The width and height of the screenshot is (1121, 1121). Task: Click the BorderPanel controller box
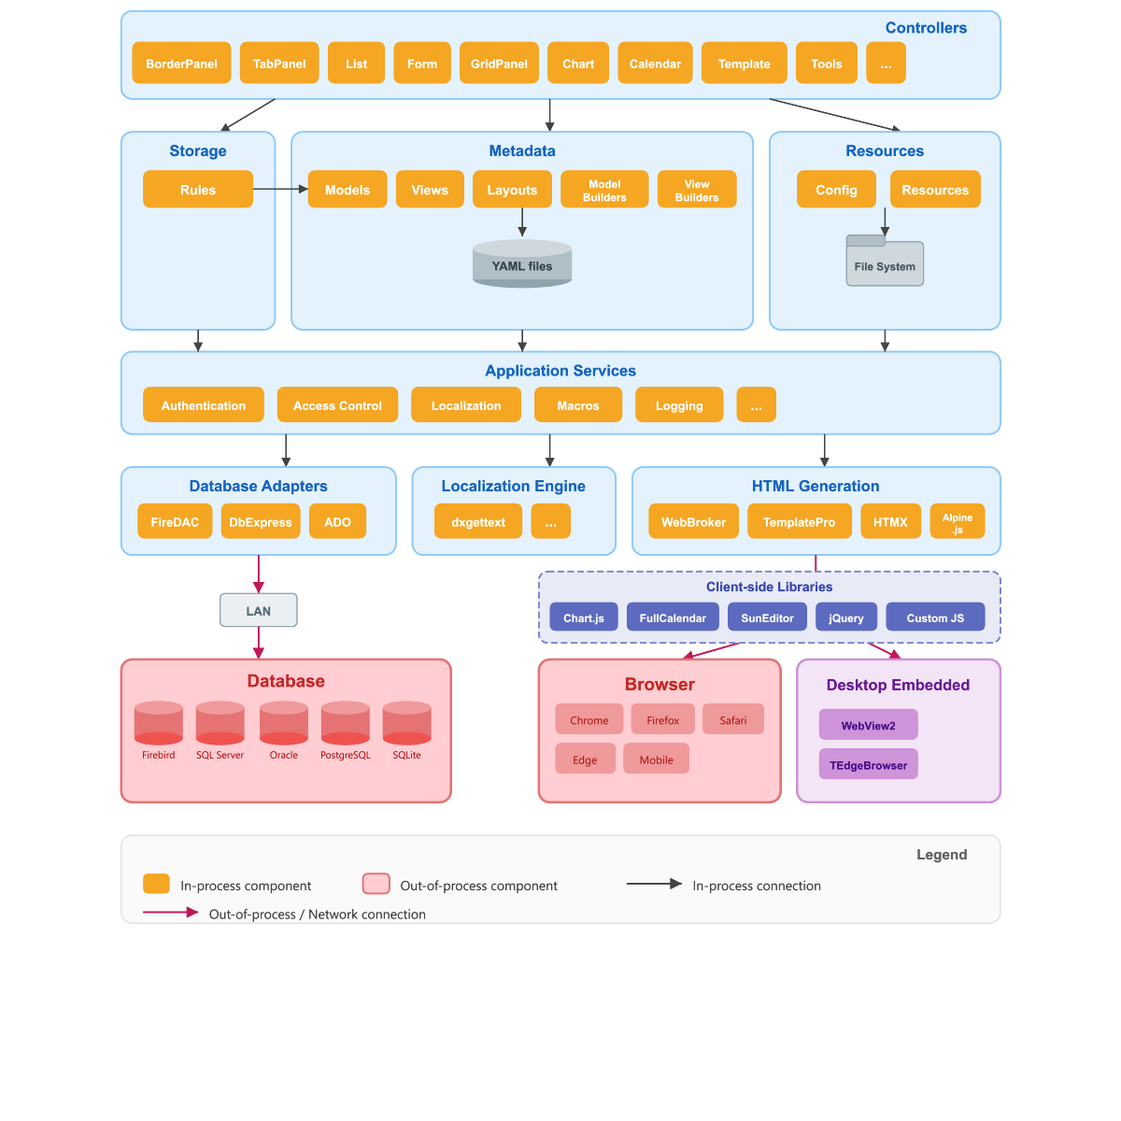181,64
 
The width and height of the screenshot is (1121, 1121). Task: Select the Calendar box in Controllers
655,64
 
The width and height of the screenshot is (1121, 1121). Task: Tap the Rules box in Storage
198,190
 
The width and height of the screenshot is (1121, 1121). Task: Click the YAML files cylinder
522,264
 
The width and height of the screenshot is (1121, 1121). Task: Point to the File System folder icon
885,262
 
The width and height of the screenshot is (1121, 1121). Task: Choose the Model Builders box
604,190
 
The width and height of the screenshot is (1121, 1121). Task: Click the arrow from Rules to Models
280,190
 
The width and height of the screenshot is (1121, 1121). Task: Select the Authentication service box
204,405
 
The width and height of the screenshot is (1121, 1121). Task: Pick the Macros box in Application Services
578,405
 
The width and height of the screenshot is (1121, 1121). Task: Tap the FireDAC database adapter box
176,522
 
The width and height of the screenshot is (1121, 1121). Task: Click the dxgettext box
478,522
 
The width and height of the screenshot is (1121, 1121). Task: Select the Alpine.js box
958,522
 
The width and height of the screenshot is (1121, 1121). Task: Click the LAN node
259,611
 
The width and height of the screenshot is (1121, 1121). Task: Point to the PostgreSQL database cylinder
346,724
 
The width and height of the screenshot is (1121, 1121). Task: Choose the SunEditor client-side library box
767,617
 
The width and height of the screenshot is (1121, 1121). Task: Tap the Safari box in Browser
733,720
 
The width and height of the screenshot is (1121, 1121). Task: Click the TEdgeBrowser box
869,765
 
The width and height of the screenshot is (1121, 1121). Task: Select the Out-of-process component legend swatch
376,885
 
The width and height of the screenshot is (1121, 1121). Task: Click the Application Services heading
560,371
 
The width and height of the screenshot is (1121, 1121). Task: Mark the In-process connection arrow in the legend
654,884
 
